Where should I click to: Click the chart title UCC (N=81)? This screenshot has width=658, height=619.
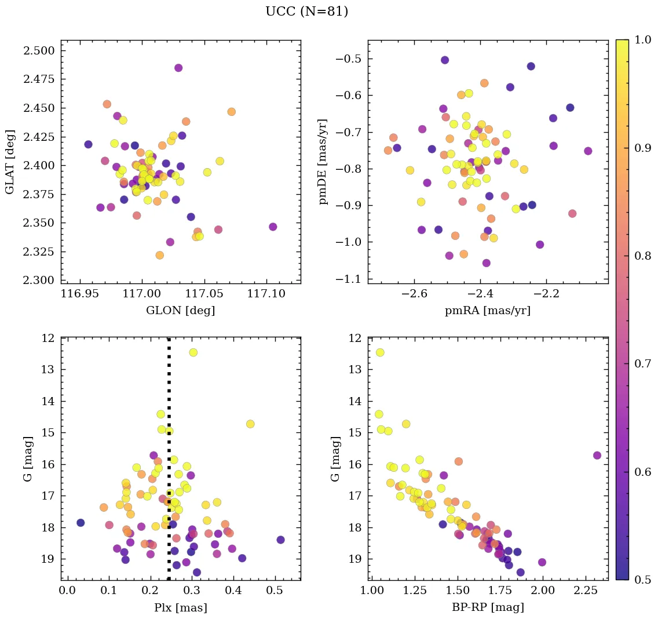pos(306,12)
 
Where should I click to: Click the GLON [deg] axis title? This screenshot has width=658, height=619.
pos(180,311)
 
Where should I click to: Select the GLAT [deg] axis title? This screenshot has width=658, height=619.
pos(10,162)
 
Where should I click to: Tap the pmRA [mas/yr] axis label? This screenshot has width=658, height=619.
pos(487,311)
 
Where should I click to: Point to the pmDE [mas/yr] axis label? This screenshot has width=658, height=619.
pos(323,162)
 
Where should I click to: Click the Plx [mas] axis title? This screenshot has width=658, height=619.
pos(180,608)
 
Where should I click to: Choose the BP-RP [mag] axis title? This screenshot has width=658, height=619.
pos(487,608)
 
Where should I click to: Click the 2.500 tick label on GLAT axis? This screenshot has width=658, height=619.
pos(39,51)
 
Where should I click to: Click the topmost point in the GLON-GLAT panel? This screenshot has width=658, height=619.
pos(178,68)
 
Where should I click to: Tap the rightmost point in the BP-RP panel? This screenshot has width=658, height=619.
pos(597,456)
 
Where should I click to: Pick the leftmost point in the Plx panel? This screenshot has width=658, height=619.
pos(81,523)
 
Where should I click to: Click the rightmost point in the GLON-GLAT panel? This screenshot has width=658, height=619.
pos(273,227)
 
